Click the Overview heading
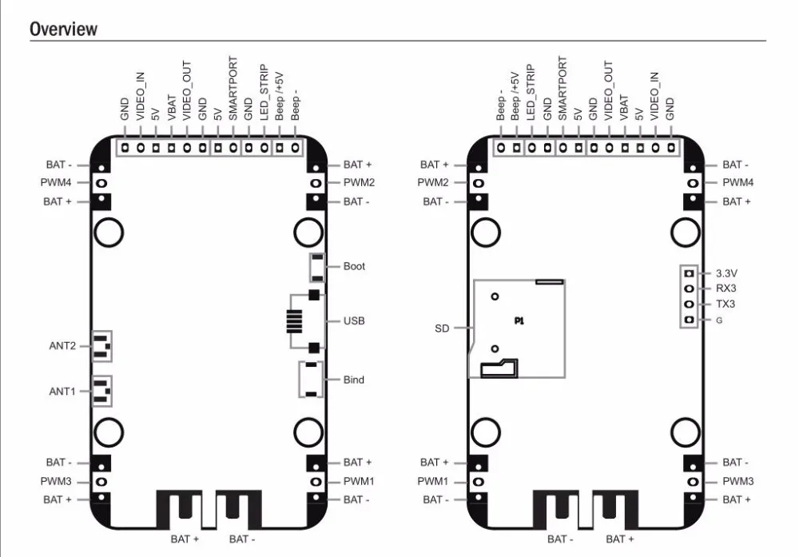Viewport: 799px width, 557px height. (x=64, y=29)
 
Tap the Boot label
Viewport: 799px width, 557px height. (x=354, y=266)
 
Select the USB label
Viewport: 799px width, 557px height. (x=354, y=320)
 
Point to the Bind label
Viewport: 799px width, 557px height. (x=354, y=380)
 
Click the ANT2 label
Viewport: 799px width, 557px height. (x=62, y=345)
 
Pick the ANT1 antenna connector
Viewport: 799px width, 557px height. (x=102, y=391)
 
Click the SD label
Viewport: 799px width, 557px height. (x=442, y=328)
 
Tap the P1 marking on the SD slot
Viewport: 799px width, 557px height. (x=519, y=320)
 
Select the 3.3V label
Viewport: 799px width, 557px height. (x=726, y=273)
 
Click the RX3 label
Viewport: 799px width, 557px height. (x=726, y=288)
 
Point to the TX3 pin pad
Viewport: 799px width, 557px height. (x=689, y=304)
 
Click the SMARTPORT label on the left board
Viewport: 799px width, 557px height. (x=233, y=88)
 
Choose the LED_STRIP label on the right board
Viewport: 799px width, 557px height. (x=531, y=92)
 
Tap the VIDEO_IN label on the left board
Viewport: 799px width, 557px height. (x=141, y=97)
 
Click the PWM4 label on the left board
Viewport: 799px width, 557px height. (x=56, y=182)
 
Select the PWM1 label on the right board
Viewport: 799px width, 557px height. (x=432, y=481)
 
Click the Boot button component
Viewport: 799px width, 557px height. (x=317, y=267)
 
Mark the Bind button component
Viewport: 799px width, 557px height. (x=311, y=379)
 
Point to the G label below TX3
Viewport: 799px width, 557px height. (x=719, y=320)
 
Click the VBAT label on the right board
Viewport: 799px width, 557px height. (x=623, y=107)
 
